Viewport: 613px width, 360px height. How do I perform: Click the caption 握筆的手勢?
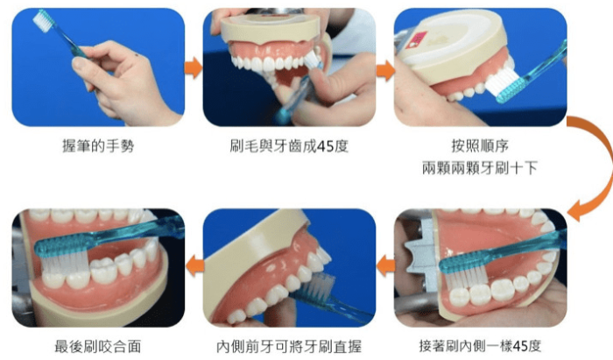pyautogui.click(x=98, y=145)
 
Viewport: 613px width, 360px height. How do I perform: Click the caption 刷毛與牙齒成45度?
pyautogui.click(x=289, y=145)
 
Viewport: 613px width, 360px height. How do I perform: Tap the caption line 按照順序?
pyautogui.click(x=480, y=145)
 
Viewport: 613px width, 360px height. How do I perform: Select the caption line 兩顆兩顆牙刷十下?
pyautogui.click(x=480, y=168)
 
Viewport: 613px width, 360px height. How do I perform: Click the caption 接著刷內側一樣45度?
pyautogui.click(x=480, y=345)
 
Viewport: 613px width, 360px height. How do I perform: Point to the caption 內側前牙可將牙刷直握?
pyautogui.click(x=289, y=346)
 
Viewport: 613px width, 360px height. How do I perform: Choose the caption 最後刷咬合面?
pyautogui.click(x=98, y=346)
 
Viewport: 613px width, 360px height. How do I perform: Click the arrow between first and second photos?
pyautogui.click(x=194, y=68)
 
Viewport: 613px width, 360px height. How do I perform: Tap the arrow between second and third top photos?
pyautogui.click(x=385, y=71)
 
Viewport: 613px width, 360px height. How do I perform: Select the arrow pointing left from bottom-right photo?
pyautogui.click(x=385, y=265)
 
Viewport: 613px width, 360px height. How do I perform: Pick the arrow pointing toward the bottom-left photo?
pyautogui.click(x=194, y=265)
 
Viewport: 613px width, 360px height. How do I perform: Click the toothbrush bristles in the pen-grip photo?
pyautogui.click(x=42, y=20)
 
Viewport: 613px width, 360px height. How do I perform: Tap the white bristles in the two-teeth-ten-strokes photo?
pyautogui.click(x=502, y=81)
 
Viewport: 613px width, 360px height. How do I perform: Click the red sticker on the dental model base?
pyautogui.click(x=416, y=40)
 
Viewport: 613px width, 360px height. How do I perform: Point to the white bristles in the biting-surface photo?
pyautogui.click(x=64, y=261)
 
